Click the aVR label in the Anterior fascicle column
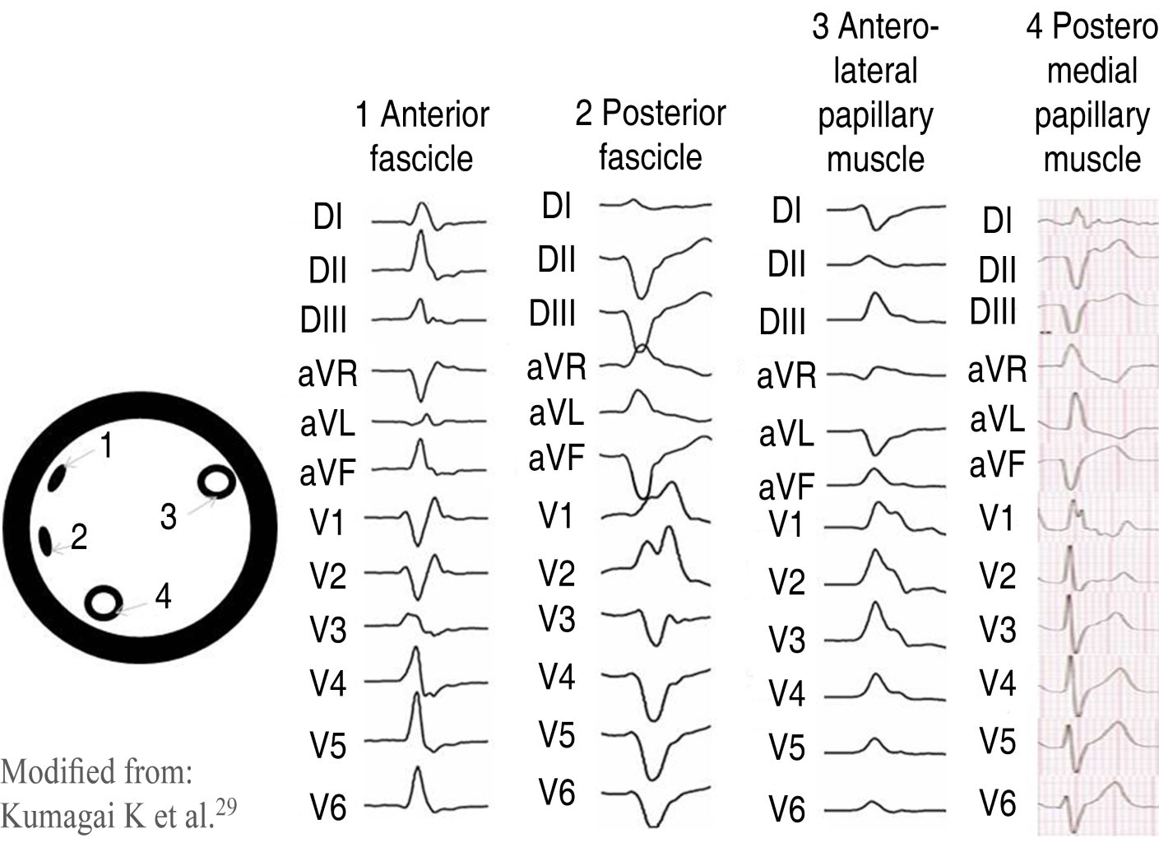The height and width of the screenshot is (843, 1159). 327,375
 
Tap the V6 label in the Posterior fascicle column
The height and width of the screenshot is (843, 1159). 557,793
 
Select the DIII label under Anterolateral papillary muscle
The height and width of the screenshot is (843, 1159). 782,321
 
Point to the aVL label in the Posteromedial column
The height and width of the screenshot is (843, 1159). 997,420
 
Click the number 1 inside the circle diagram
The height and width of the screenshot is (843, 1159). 106,445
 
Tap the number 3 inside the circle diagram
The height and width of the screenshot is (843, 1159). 168,517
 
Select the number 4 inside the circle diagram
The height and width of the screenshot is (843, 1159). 163,595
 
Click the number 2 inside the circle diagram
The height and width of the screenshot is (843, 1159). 79,537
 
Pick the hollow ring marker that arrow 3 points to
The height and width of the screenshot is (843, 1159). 216,482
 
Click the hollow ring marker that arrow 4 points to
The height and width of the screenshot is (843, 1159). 104,603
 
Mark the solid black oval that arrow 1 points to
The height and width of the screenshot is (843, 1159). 59,477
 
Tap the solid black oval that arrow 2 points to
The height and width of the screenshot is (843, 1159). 45,541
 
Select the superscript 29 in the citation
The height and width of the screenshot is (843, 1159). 226,807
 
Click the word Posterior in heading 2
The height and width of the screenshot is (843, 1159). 664,114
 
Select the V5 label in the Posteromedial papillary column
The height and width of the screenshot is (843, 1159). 997,741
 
